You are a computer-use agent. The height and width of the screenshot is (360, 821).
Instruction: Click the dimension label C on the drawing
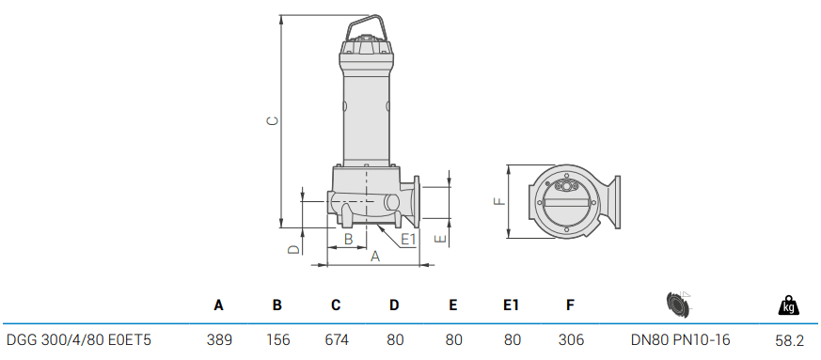pos(272,120)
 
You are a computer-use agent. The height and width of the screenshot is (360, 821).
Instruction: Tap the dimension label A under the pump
pos(375,256)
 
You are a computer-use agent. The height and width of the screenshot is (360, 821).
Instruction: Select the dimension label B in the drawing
pos(348,240)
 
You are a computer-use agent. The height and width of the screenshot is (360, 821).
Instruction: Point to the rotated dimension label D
pos(292,249)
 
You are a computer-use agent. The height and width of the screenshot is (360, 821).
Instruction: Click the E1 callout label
pos(408,240)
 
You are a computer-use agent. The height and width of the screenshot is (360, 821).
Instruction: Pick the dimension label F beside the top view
pos(500,200)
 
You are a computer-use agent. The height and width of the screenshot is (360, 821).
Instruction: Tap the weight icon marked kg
pos(788,305)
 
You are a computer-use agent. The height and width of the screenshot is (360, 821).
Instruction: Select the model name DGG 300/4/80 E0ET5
pos(79,339)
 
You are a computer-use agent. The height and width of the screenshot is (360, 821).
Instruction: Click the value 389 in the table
pos(219,339)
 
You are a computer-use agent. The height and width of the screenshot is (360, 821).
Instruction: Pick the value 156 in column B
pos(277,339)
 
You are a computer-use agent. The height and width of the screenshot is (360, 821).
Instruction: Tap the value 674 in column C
pos(336,339)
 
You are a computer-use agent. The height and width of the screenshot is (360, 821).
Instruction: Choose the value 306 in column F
pos(571,339)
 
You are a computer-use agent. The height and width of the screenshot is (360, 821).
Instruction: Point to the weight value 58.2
pos(788,339)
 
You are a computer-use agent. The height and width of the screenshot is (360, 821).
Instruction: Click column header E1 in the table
pos(511,305)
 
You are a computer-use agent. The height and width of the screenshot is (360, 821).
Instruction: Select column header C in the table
pos(336,305)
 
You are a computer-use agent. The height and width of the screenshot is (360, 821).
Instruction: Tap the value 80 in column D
pos(394,339)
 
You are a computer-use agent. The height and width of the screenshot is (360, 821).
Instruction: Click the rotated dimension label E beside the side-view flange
pos(438,240)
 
